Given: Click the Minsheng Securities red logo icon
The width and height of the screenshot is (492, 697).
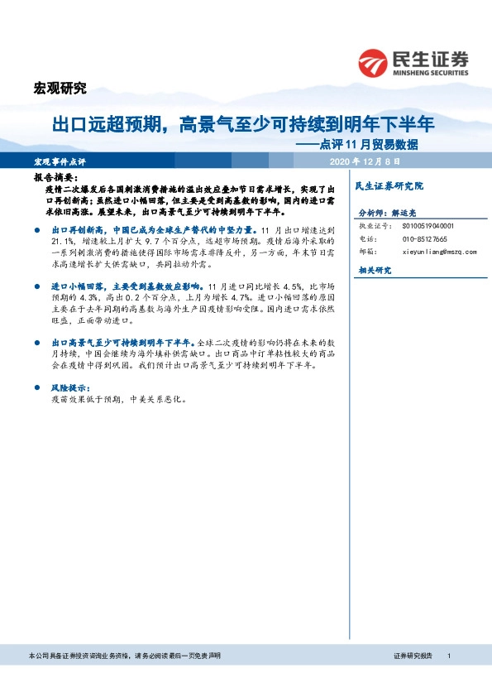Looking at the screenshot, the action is click(x=373, y=63).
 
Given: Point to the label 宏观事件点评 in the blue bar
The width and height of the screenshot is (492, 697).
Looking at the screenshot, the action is click(x=61, y=161).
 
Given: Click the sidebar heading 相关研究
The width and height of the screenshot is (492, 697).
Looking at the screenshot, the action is click(x=374, y=271).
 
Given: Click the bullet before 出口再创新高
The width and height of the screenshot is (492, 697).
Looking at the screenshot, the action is click(x=38, y=228).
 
